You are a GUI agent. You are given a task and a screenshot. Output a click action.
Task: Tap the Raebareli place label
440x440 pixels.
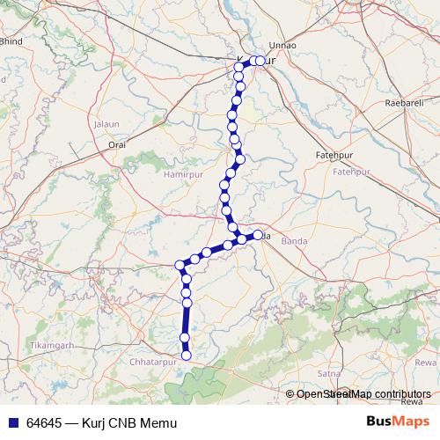404,103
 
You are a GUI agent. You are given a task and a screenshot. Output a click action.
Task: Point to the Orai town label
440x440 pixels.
117,143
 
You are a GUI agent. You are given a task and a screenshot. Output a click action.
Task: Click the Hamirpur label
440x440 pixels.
182,175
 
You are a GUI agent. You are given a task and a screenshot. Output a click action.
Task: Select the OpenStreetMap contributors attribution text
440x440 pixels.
363,393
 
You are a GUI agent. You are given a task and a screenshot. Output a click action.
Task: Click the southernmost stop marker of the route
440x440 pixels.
186,356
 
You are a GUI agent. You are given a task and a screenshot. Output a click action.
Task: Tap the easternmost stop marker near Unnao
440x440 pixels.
260,61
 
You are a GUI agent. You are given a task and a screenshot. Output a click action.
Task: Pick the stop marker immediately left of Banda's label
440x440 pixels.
259,235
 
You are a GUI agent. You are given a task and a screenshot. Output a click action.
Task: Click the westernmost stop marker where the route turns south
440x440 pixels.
180,265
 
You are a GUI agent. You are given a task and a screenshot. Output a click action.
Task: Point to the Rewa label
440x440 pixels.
425,362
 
